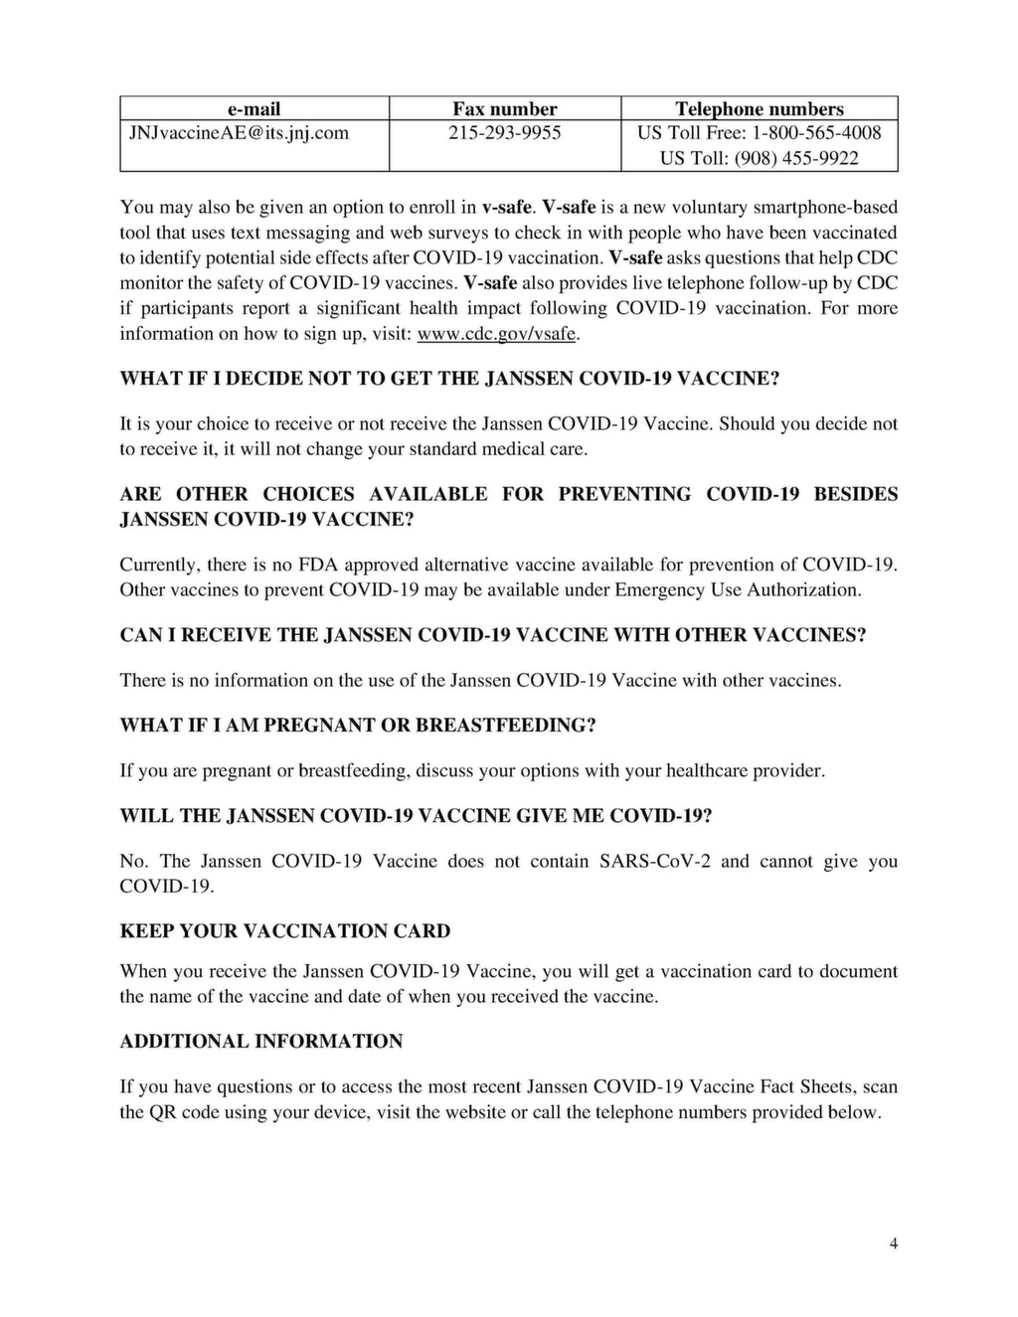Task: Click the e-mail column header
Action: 254,108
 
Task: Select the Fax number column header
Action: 504,108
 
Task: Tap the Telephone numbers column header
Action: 759,108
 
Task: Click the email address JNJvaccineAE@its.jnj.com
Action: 235,133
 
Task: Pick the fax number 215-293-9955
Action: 504,133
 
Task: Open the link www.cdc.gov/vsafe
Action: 497,334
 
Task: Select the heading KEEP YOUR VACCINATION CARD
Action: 284,931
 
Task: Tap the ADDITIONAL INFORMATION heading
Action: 260,1042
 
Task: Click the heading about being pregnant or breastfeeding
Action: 357,725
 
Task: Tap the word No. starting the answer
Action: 133,861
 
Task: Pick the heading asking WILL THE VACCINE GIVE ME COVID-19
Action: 416,816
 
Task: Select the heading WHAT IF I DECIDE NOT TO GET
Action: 449,380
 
